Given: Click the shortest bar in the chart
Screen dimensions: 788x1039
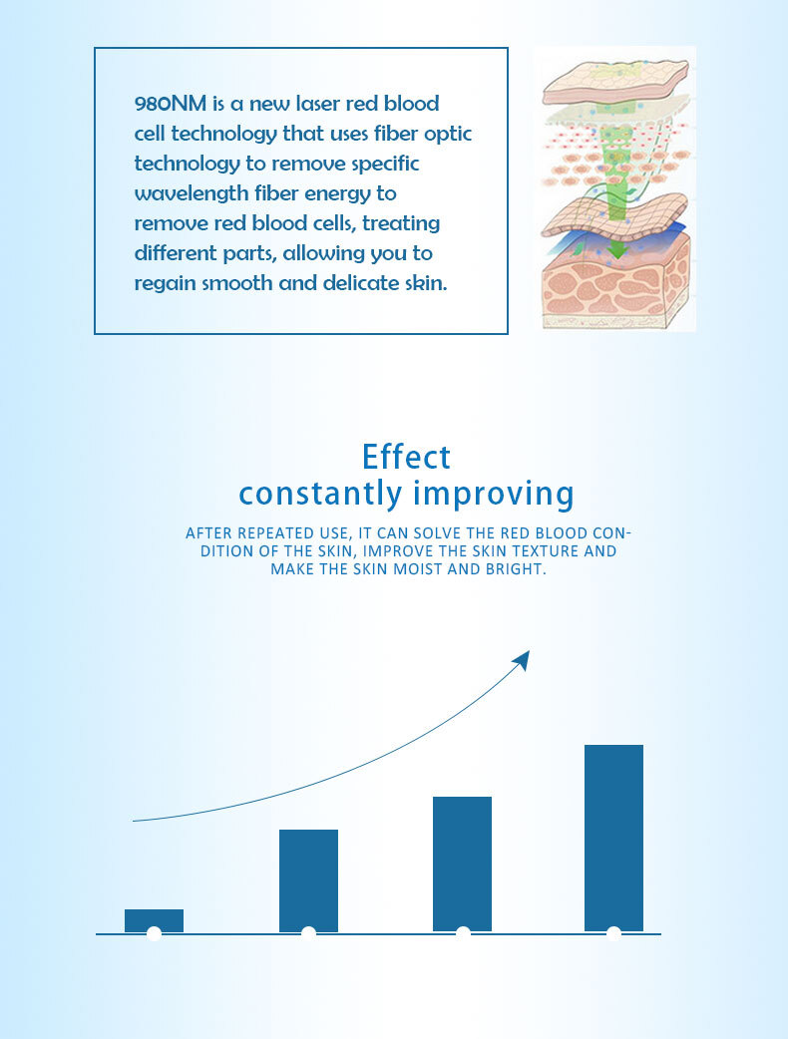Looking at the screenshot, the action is tap(154, 920).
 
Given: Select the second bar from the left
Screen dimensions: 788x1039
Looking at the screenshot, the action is tap(308, 880).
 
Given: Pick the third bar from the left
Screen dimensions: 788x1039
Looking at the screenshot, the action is tap(462, 865).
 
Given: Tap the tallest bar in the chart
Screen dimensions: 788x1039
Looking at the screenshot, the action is tap(613, 839).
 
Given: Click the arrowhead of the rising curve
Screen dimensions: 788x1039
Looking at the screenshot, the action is tap(523, 660).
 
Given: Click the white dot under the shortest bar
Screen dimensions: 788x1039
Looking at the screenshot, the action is tap(154, 933).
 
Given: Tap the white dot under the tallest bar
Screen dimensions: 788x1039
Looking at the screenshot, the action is tap(613, 933).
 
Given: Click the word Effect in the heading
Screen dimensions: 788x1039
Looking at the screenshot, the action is tap(406, 457).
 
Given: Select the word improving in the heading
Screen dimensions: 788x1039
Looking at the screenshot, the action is tap(493, 495).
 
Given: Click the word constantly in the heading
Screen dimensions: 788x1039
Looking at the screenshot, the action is tap(321, 494).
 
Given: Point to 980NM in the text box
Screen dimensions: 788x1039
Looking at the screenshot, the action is tap(171, 104).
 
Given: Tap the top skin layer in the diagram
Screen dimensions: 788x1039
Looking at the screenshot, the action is tap(614, 80).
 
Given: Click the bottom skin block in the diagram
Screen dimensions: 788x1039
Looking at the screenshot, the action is tap(615, 285).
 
